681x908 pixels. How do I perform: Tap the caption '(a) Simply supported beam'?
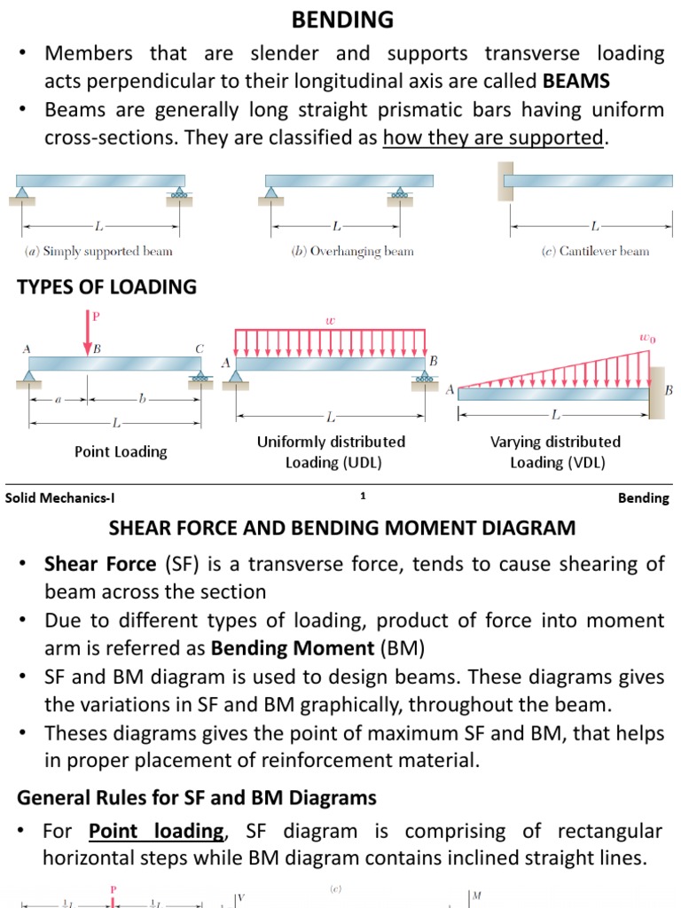[98, 251]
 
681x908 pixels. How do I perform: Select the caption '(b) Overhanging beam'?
[352, 251]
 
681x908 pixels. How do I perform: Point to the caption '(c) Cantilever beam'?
[595, 251]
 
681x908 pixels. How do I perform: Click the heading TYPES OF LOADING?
[106, 287]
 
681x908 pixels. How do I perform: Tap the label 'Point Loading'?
[121, 452]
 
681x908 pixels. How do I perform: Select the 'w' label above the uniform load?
[330, 320]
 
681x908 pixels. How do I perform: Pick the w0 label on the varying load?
[647, 338]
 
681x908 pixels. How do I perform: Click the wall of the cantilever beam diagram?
[505, 181]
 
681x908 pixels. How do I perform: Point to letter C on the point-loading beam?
[199, 349]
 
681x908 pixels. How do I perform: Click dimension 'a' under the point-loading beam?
[58, 400]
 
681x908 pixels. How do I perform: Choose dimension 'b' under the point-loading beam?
[142, 400]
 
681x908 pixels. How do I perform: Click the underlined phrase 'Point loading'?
[156, 832]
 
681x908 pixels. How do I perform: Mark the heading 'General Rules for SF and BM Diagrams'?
[197, 798]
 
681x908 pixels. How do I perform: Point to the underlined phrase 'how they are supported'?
[493, 138]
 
